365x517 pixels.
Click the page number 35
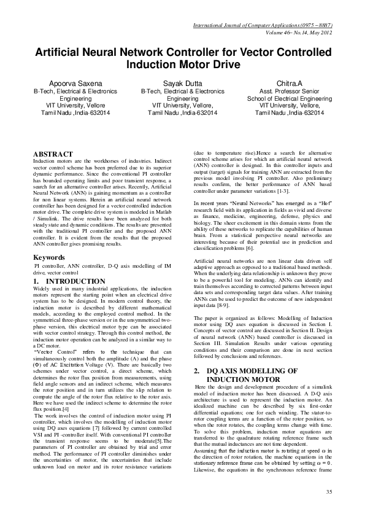[328, 492]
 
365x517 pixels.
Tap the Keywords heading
[48, 257]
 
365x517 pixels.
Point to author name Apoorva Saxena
[67, 82]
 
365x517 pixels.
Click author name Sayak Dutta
[182, 82]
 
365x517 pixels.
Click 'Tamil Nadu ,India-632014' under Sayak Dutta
[182, 113]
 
